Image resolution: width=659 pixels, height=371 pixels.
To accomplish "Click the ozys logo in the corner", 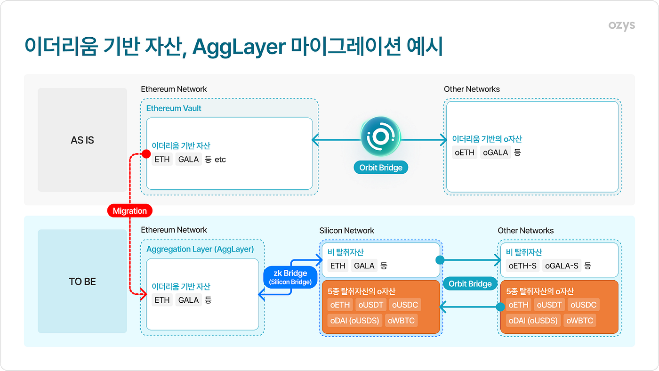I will pyautogui.click(x=621, y=26).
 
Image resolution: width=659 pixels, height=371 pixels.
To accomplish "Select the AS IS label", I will pyautogui.click(x=82, y=140).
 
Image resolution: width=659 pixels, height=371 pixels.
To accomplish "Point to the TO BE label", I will pyautogui.click(x=82, y=282).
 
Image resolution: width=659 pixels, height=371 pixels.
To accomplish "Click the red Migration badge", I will pyautogui.click(x=129, y=210).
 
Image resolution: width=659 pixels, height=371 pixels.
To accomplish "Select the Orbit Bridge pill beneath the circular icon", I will pyautogui.click(x=380, y=168).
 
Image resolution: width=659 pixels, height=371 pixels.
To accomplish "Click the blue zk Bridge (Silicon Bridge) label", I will pyautogui.click(x=290, y=277).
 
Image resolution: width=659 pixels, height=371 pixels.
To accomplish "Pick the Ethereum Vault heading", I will pyautogui.click(x=174, y=108).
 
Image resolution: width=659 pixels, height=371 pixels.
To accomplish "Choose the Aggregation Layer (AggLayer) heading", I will pyautogui.click(x=200, y=249).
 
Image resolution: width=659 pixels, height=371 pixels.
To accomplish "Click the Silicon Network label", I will pyautogui.click(x=346, y=230).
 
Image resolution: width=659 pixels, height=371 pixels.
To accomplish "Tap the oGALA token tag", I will pyautogui.click(x=495, y=152).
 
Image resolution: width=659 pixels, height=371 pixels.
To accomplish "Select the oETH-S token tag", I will pyautogui.click(x=522, y=266).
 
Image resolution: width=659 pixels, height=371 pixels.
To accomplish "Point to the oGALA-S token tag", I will pyautogui.click(x=561, y=266).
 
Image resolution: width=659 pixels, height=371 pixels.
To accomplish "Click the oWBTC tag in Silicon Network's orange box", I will pyautogui.click(x=401, y=321).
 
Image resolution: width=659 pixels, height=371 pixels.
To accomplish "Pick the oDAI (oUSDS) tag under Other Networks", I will pyautogui.click(x=532, y=321).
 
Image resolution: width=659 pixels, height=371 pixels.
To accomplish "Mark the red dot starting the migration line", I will pyautogui.click(x=146, y=154).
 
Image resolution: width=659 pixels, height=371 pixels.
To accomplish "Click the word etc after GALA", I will pyautogui.click(x=220, y=160).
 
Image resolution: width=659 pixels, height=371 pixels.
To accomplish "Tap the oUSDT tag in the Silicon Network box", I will pyautogui.click(x=370, y=305).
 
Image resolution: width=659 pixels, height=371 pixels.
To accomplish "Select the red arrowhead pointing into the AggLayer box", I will pyautogui.click(x=142, y=296).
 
